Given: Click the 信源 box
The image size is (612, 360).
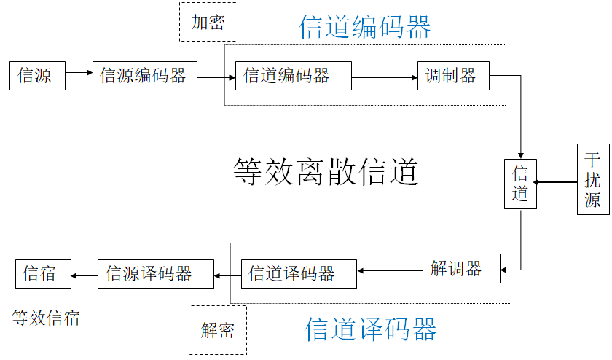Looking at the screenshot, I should pos(37,76).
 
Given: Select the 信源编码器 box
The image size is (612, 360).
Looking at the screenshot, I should pos(145,76).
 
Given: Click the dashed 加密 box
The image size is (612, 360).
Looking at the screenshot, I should pos(208,23).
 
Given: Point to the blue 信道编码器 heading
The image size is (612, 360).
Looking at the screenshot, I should pos(365,27).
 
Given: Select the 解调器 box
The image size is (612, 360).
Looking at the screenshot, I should pos(461,268).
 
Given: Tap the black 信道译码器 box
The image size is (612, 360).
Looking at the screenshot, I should pos(299,274).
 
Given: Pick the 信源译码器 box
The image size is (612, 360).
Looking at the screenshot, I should pos(156,274).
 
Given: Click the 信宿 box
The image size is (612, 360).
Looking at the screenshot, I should pos(44,274).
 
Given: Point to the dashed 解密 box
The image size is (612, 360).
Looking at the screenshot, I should pos(218,330).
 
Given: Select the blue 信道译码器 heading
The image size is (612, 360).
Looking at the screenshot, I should pos(371,329).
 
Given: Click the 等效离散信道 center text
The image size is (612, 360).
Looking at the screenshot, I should pos(326,173).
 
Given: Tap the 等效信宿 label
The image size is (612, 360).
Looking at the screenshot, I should pos(46,318).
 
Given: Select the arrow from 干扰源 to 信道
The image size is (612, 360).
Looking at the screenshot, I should pos(556,182).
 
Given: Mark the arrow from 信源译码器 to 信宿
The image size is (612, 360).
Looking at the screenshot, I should pos(85,275).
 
